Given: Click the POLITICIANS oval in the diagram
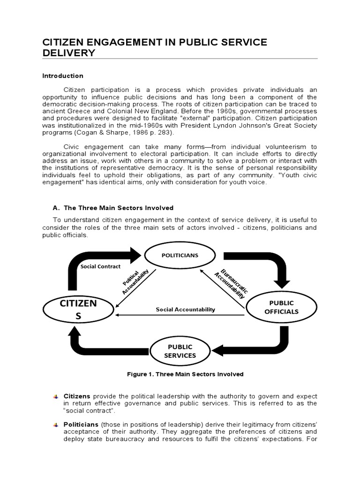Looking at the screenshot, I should (x=180, y=255).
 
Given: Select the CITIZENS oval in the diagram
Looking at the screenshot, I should (x=78, y=310).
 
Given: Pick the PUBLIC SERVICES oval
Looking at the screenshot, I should (x=180, y=351).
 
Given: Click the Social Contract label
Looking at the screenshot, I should (x=100, y=266).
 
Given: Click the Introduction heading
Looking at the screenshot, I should (x=63, y=75).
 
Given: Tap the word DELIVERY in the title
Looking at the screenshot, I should (x=69, y=53).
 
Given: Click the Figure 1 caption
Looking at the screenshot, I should (x=185, y=374).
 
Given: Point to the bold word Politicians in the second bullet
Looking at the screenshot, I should (x=81, y=424).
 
